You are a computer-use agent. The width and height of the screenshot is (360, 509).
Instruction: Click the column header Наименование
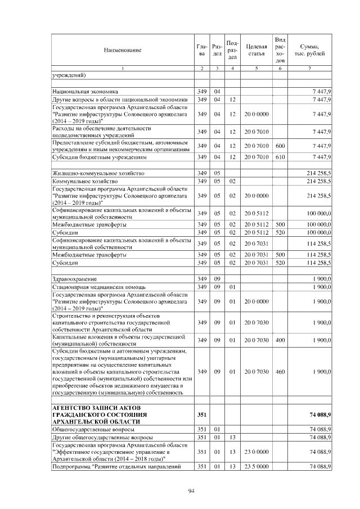coord(122,50)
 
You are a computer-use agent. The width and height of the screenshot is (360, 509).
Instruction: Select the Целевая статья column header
coord(256,50)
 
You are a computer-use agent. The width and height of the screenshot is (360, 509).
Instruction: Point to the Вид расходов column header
coord(280,49)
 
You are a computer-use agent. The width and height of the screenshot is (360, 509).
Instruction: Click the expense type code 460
coord(280,372)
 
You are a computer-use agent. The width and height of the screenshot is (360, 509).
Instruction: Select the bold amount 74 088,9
coord(319,415)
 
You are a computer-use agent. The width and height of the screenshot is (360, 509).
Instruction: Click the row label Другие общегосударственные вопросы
coord(102,436)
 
